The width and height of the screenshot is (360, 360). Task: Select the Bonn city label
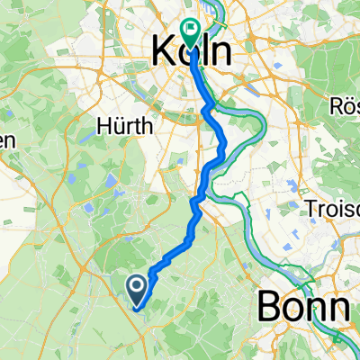pyautogui.click(x=303, y=308)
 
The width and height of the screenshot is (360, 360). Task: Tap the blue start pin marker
pyautogui.click(x=137, y=290)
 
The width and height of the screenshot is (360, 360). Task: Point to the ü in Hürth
pyautogui.click(x=119, y=129)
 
